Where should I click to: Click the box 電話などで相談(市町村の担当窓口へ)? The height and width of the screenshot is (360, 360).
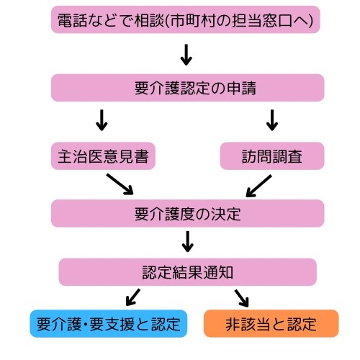(186, 19)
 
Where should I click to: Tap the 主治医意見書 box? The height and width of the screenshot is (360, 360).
(104, 156)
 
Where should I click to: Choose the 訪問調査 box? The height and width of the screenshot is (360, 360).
(272, 156)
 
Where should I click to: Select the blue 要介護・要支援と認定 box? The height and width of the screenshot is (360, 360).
(109, 323)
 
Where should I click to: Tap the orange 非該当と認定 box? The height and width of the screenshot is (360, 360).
(271, 323)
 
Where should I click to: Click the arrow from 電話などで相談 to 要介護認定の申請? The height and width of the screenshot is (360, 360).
(186, 54)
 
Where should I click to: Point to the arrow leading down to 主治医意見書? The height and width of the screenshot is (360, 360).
(102, 120)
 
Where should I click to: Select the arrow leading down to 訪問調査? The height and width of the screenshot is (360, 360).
(271, 120)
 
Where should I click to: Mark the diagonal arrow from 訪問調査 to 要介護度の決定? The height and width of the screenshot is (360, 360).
(258, 185)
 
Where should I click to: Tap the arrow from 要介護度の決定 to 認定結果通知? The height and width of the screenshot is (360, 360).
(187, 241)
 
